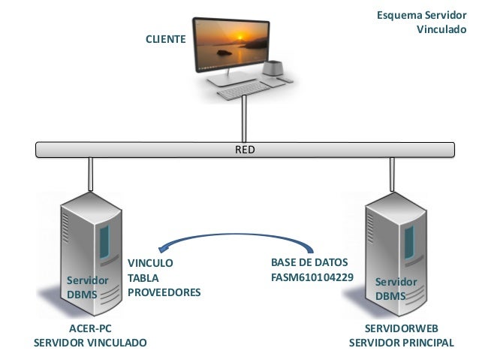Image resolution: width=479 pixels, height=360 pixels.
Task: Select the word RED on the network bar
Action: coord(245,150)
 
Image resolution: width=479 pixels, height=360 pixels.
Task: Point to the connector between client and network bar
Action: coord(245,120)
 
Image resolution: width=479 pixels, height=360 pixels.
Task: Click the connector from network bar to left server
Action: coord(90,174)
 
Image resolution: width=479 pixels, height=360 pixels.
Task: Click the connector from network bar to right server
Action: coord(390,174)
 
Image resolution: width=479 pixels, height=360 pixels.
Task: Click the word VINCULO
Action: coord(150,264)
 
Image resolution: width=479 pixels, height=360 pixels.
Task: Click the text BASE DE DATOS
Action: coord(309,264)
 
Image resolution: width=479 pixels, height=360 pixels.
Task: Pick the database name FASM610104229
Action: coord(312,278)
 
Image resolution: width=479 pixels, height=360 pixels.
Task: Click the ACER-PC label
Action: coord(90,328)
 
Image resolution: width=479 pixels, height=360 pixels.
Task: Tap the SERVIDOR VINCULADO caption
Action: coord(90,343)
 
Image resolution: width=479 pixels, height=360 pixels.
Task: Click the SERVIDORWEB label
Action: coord(401,328)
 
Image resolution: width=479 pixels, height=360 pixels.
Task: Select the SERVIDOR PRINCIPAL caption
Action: coord(401,343)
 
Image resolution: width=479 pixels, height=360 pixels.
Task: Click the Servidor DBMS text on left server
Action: coord(87,287)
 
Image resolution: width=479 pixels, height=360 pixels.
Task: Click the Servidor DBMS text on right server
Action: coord(396,289)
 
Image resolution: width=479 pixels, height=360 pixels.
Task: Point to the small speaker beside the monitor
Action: coord(273,71)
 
